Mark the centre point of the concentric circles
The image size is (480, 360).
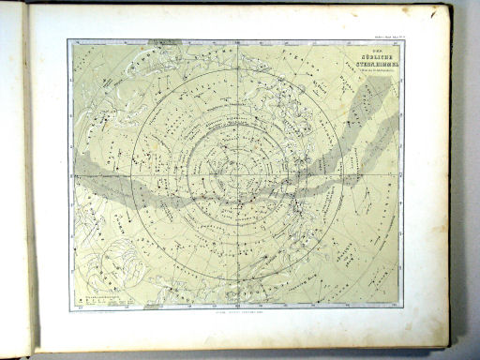point(236,174)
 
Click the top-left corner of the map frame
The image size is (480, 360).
point(68,40)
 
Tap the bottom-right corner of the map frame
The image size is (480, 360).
point(403,307)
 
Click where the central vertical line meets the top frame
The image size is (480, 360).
point(236,40)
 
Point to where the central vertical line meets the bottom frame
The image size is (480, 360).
point(236,307)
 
